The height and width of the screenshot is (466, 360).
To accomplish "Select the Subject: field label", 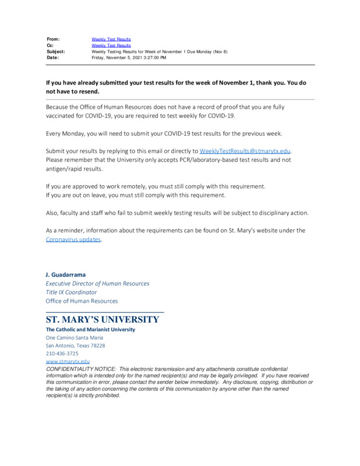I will point(56,52).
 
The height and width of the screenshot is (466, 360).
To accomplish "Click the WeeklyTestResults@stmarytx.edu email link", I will point(245,151).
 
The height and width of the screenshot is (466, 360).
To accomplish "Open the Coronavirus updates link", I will point(73,239).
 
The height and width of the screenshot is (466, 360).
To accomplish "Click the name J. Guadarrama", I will point(65,274).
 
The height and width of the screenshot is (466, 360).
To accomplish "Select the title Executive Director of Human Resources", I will point(97,284).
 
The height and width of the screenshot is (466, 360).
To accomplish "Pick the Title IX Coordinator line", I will point(72,292).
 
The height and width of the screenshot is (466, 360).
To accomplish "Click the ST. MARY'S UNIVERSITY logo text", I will point(102,320).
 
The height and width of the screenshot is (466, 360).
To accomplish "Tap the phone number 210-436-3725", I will point(62,353).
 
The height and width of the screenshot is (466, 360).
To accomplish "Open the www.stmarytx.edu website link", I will point(68,361).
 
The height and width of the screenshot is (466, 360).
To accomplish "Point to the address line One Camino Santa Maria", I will point(75,337).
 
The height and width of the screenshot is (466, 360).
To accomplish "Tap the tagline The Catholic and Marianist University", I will point(90,329).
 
